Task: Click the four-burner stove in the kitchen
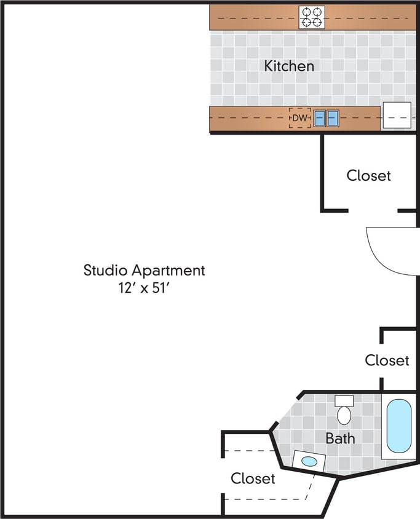(x=312, y=17)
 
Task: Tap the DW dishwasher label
(x=299, y=117)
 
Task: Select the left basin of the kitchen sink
(x=320, y=118)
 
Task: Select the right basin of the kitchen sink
(x=333, y=118)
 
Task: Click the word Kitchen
(x=289, y=66)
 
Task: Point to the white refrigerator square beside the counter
(x=397, y=116)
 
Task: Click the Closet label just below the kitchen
(x=368, y=175)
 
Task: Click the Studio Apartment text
(x=144, y=270)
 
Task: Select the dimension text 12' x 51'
(x=144, y=287)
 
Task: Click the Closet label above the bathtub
(x=387, y=360)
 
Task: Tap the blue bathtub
(x=398, y=426)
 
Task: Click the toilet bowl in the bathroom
(x=344, y=416)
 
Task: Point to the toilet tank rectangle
(x=344, y=401)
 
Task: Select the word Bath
(x=340, y=438)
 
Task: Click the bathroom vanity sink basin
(x=310, y=461)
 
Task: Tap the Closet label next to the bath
(x=253, y=478)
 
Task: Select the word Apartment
(x=167, y=271)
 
